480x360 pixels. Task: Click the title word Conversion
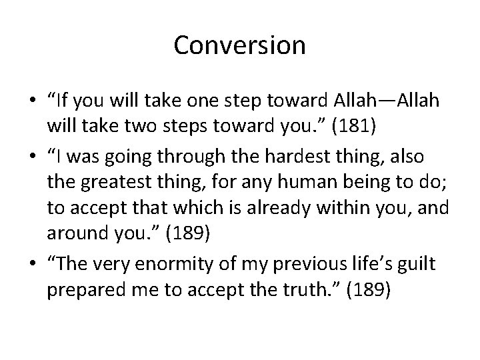click(239, 46)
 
